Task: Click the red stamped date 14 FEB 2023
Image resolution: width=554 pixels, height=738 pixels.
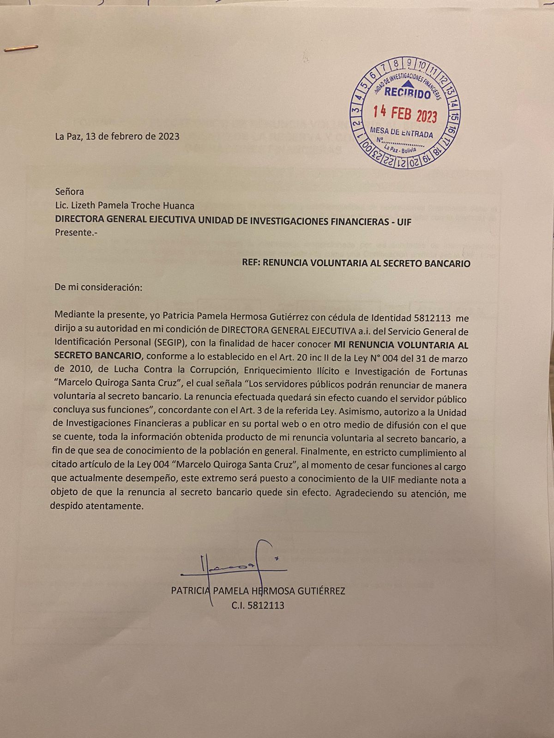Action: coord(405,113)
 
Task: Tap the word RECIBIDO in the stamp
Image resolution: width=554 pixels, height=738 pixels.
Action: coord(408,93)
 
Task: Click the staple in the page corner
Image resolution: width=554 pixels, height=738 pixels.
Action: coord(20,48)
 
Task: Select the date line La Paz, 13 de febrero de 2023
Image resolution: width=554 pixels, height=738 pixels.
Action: coord(117,137)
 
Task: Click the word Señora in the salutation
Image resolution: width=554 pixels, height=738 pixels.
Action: coord(69,191)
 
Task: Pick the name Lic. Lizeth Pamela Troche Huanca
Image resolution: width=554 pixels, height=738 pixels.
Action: coord(125,206)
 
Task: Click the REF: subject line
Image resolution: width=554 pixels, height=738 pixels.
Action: coord(356,264)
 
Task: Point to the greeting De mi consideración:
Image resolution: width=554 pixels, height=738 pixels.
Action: coord(98,287)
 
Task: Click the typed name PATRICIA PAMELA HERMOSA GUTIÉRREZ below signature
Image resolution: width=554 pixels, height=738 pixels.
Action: coord(258,591)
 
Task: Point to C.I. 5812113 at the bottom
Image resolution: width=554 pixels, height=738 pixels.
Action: coord(258,605)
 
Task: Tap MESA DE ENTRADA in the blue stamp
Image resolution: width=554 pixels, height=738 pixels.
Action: coord(402,132)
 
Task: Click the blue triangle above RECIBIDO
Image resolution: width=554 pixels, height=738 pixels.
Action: coord(408,83)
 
